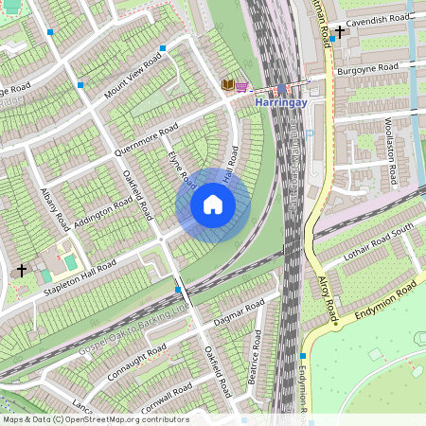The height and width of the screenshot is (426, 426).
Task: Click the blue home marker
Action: pos(213,204)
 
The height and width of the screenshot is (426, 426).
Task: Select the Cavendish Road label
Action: pos(378,19)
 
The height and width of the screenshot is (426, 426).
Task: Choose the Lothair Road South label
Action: pos(379,238)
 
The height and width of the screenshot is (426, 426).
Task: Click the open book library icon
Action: pos(227,84)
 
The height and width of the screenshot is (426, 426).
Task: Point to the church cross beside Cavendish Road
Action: pos(340,31)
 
